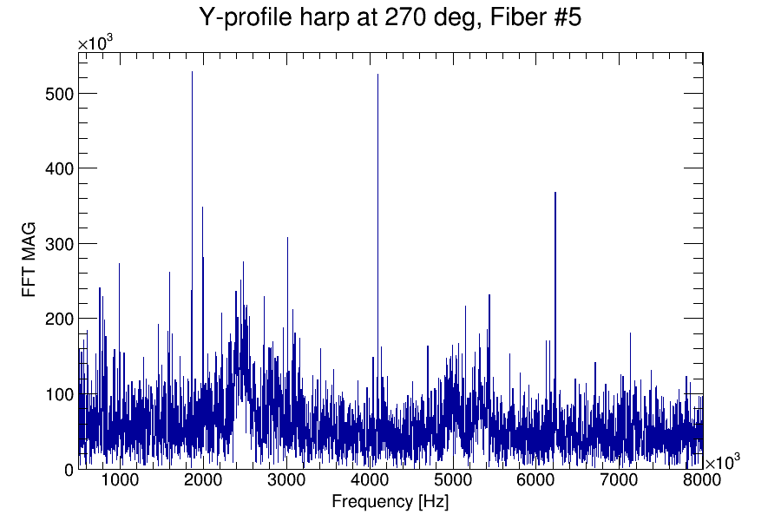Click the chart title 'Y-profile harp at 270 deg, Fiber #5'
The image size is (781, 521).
pyautogui.click(x=390, y=17)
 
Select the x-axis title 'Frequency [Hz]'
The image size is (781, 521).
pyautogui.click(x=390, y=501)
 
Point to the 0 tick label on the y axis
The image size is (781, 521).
pyautogui.click(x=67, y=470)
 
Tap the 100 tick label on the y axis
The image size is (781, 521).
pyautogui.click(x=58, y=394)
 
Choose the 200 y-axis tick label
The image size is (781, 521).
pyautogui.click(x=58, y=319)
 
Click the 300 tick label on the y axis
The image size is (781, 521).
pyautogui.click(x=58, y=244)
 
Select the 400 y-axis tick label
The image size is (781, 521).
pyautogui.click(x=58, y=168)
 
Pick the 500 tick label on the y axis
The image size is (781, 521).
pyautogui.click(x=58, y=94)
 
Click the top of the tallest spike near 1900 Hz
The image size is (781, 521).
pyautogui.click(x=192, y=72)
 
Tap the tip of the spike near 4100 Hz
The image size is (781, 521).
pyautogui.click(x=377, y=76)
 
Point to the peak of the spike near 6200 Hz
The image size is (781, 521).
pyautogui.click(x=555, y=193)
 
